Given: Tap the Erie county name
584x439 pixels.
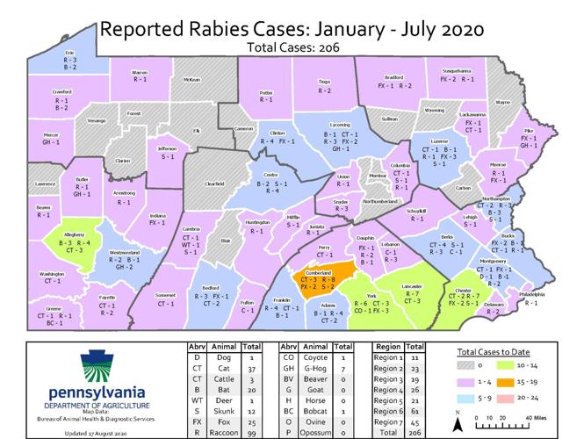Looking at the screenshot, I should click(x=70, y=53).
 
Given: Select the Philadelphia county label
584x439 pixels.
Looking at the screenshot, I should click(x=532, y=295).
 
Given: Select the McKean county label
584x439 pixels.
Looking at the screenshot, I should click(x=191, y=79).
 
